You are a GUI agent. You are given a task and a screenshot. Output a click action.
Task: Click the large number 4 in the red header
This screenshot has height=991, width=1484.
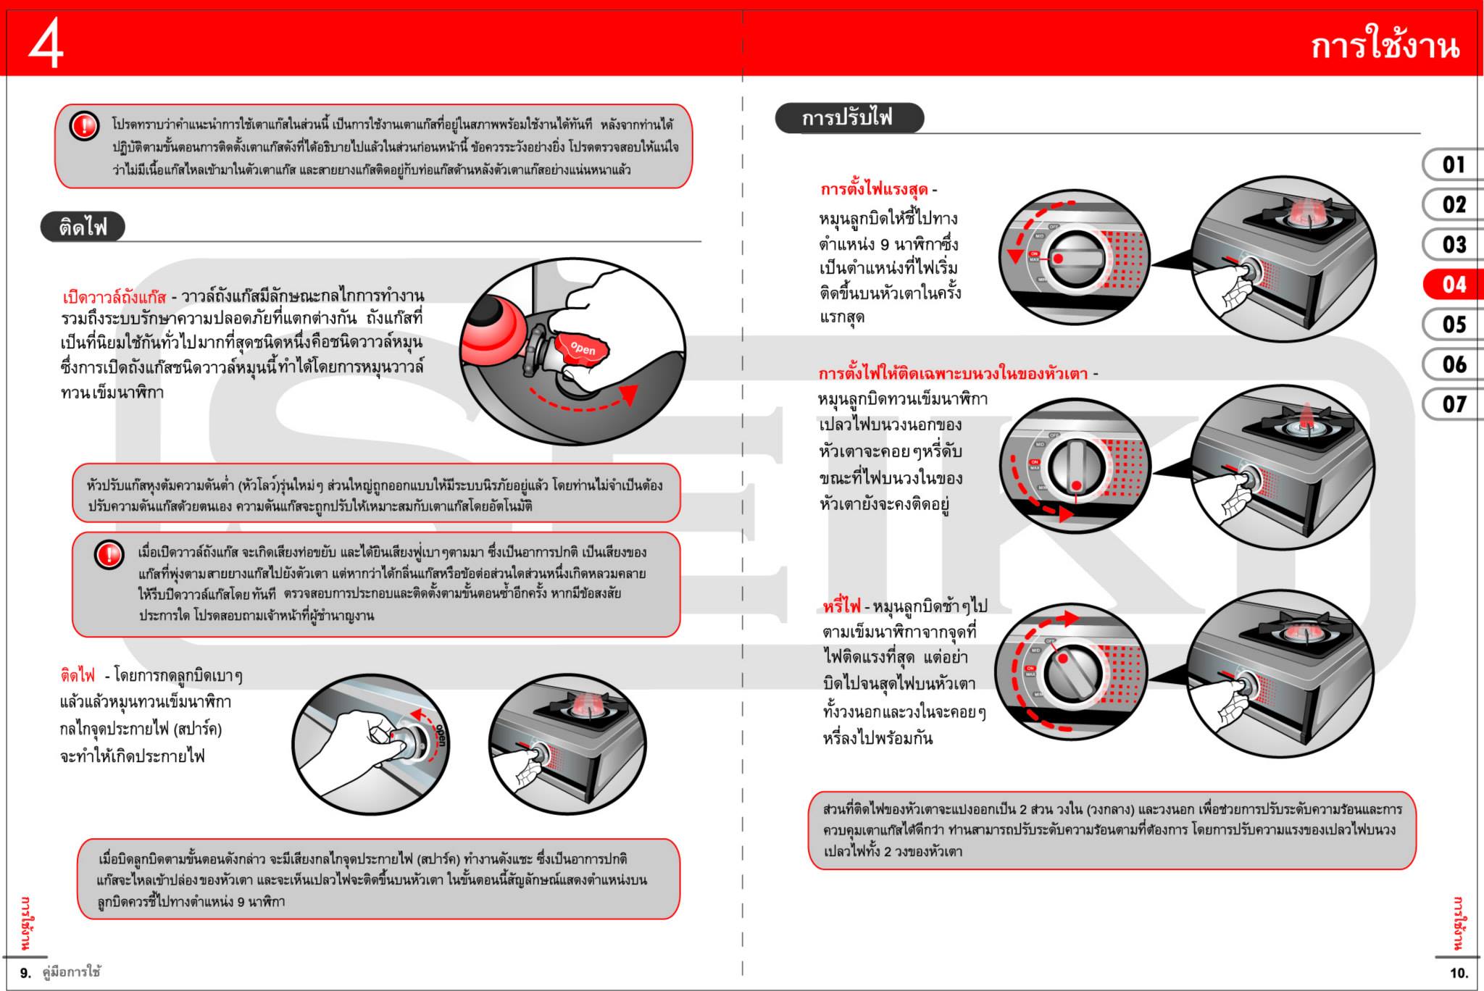click(46, 43)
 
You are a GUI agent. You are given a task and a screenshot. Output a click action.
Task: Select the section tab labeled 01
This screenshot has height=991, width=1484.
click(1453, 165)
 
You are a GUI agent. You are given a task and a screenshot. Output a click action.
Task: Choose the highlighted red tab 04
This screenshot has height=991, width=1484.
click(1453, 285)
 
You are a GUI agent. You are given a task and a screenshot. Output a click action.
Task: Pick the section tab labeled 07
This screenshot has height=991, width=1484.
click(1453, 404)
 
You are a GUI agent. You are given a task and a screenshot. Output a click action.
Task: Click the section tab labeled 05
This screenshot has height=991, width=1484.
click(1453, 325)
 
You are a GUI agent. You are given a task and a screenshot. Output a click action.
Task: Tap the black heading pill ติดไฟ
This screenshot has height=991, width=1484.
click(83, 227)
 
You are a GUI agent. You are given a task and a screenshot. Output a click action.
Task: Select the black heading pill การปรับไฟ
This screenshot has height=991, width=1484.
click(848, 118)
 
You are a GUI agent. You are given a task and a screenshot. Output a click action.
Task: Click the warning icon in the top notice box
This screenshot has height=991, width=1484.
click(84, 126)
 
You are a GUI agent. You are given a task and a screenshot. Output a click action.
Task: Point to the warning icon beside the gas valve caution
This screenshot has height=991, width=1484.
click(109, 556)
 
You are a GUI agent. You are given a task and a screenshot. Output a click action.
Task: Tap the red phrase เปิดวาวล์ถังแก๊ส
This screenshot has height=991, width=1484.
click(114, 298)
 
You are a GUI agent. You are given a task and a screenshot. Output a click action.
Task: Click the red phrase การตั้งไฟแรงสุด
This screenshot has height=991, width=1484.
click(874, 191)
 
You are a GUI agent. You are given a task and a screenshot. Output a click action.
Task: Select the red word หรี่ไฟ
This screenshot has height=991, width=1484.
click(841, 606)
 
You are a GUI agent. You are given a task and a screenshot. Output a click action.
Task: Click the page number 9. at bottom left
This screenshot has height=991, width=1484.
click(25, 973)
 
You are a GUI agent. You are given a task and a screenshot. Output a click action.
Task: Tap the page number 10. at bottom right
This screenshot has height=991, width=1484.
click(1459, 973)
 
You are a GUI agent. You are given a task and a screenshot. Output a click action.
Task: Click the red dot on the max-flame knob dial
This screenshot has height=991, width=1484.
click(1058, 259)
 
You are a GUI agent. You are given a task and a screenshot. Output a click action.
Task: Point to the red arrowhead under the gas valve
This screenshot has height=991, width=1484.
click(628, 393)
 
